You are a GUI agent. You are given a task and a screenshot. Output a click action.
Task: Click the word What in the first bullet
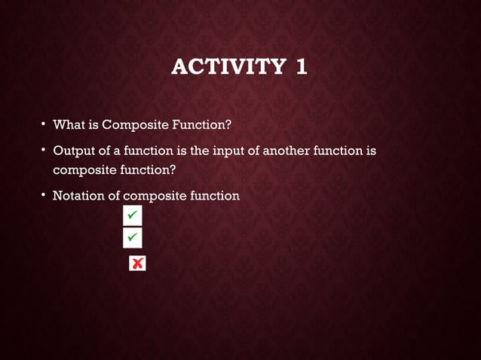pos(67,124)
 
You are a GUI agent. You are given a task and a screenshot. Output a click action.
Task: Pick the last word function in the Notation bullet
pos(214,196)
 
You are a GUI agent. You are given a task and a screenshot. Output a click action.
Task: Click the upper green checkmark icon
pos(131,216)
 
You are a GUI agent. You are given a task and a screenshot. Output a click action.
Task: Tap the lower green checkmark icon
pos(131,238)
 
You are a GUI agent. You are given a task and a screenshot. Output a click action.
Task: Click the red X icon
pos(137,263)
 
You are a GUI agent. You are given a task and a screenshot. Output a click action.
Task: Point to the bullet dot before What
pos(44,124)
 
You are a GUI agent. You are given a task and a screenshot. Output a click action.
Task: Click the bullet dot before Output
pos(44,151)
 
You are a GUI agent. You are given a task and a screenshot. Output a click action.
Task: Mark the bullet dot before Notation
pos(44,196)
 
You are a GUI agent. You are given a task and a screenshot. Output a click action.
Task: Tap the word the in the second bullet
pos(195,151)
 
